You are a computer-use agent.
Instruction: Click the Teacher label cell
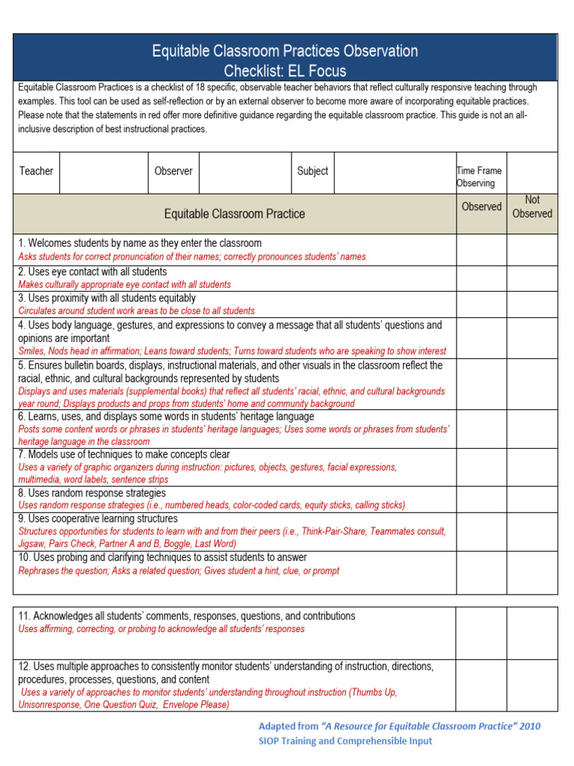(x=36, y=171)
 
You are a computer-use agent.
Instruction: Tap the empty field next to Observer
(x=244, y=172)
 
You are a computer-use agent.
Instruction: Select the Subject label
(x=312, y=171)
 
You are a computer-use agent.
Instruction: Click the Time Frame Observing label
(x=479, y=177)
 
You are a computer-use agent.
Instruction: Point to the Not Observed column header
(x=532, y=207)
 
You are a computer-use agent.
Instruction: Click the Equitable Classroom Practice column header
(x=235, y=214)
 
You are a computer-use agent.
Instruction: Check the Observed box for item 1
(x=481, y=250)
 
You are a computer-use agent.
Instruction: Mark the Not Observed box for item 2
(x=532, y=278)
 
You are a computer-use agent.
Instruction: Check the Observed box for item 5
(x=481, y=384)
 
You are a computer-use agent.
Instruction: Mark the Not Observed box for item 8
(x=532, y=499)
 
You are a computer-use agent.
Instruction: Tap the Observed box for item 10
(x=481, y=572)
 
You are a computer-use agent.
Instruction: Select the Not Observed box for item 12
(x=532, y=685)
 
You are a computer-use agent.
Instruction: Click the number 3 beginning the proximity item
(x=21, y=298)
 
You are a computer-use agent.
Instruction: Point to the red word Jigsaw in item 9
(x=32, y=544)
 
